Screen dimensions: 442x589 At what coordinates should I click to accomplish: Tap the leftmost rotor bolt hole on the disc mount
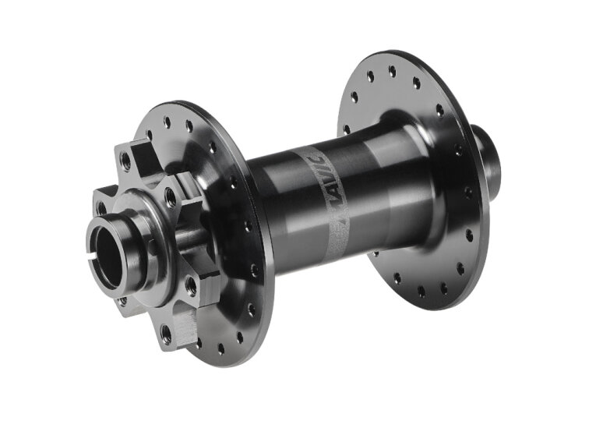[101, 208]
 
